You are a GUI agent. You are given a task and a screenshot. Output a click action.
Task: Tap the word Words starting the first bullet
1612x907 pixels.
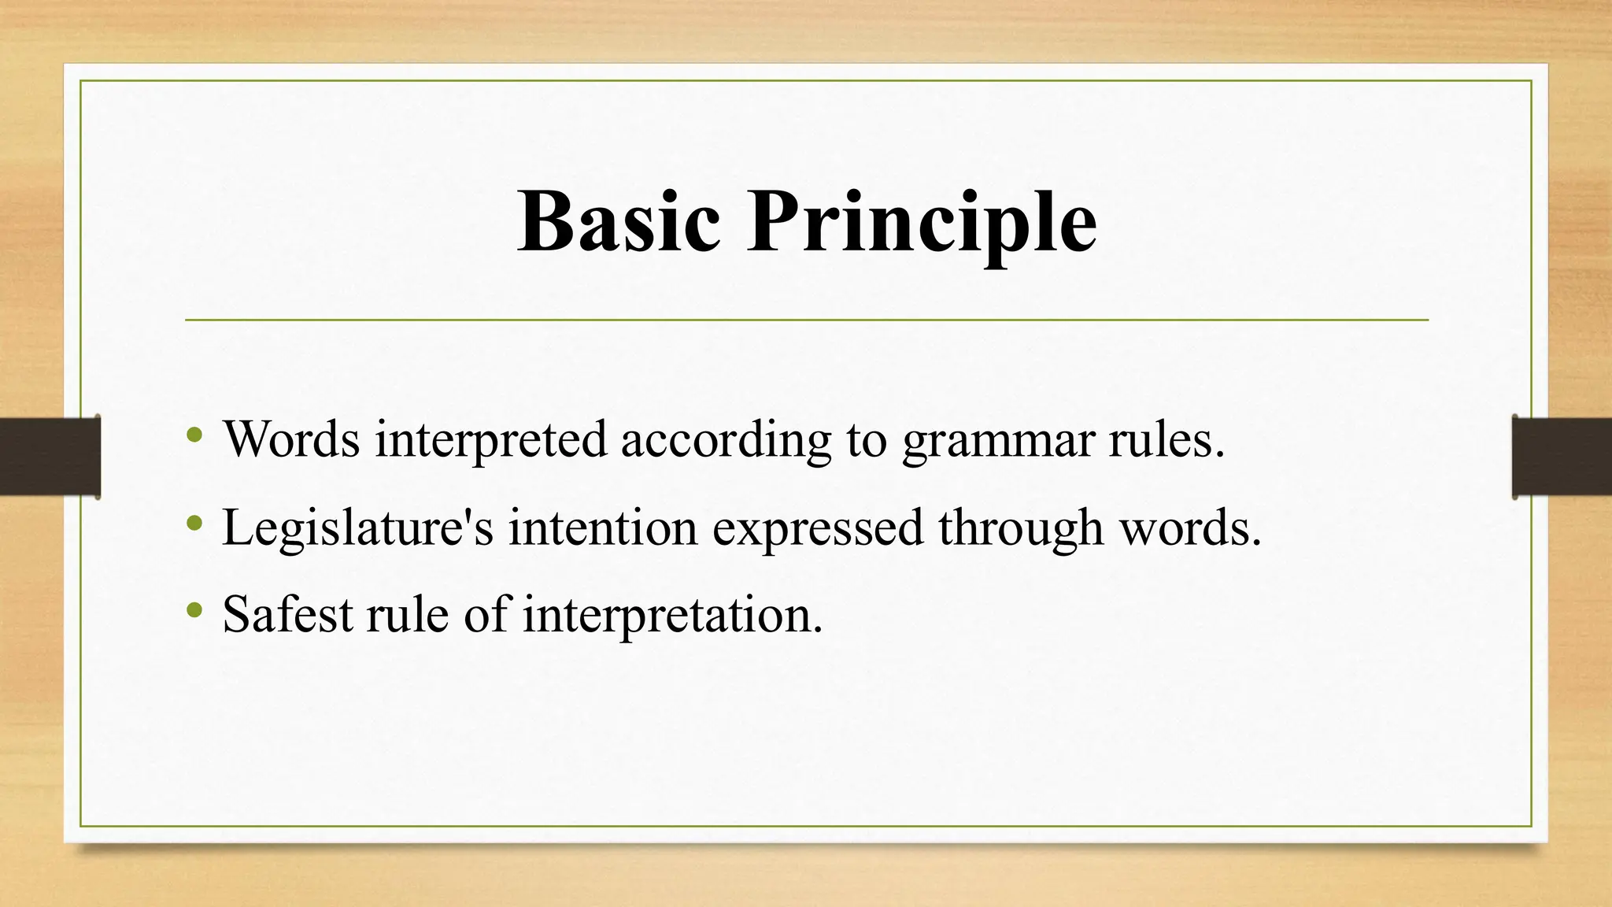[291, 439]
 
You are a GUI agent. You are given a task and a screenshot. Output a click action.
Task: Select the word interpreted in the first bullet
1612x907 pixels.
[490, 439]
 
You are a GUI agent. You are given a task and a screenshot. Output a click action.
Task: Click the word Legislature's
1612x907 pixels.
[358, 528]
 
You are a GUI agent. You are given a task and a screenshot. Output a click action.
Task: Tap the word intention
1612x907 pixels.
[603, 528]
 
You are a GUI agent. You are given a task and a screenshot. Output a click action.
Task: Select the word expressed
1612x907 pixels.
[818, 528]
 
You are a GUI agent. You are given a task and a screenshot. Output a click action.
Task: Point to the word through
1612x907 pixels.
[1020, 528]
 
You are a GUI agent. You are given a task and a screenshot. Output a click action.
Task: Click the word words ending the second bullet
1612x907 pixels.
[1189, 528]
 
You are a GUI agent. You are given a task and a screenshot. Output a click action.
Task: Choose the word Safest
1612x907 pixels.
[287, 615]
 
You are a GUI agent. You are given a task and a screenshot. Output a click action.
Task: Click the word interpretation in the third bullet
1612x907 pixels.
[672, 615]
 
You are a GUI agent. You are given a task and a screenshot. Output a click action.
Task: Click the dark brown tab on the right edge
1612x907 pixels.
[1562, 457]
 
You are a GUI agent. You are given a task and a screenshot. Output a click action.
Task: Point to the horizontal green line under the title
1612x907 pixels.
[806, 320]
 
